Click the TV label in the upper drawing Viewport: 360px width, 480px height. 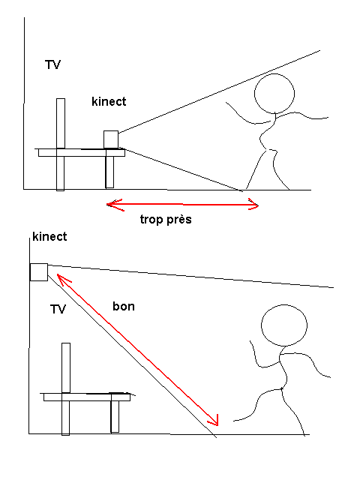[x=52, y=65]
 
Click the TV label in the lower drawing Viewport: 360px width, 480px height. [x=58, y=309]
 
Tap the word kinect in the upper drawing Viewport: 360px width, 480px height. [x=109, y=101]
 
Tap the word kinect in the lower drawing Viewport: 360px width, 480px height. [x=49, y=237]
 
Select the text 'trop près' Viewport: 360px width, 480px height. [x=166, y=219]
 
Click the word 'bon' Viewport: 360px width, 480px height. [x=124, y=306]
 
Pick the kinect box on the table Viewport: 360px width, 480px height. [x=111, y=139]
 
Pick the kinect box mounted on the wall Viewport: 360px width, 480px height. [x=39, y=272]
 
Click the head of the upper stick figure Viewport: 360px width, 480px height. [x=274, y=93]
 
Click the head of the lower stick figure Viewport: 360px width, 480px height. [x=284, y=325]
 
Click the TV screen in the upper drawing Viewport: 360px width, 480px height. [x=61, y=123]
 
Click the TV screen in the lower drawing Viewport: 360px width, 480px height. [x=66, y=368]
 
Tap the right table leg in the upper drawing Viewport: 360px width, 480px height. [x=109, y=172]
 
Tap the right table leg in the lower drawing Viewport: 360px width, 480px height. [x=115, y=417]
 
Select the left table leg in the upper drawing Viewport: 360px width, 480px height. [x=60, y=173]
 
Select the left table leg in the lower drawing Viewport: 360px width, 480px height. [x=65, y=418]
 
